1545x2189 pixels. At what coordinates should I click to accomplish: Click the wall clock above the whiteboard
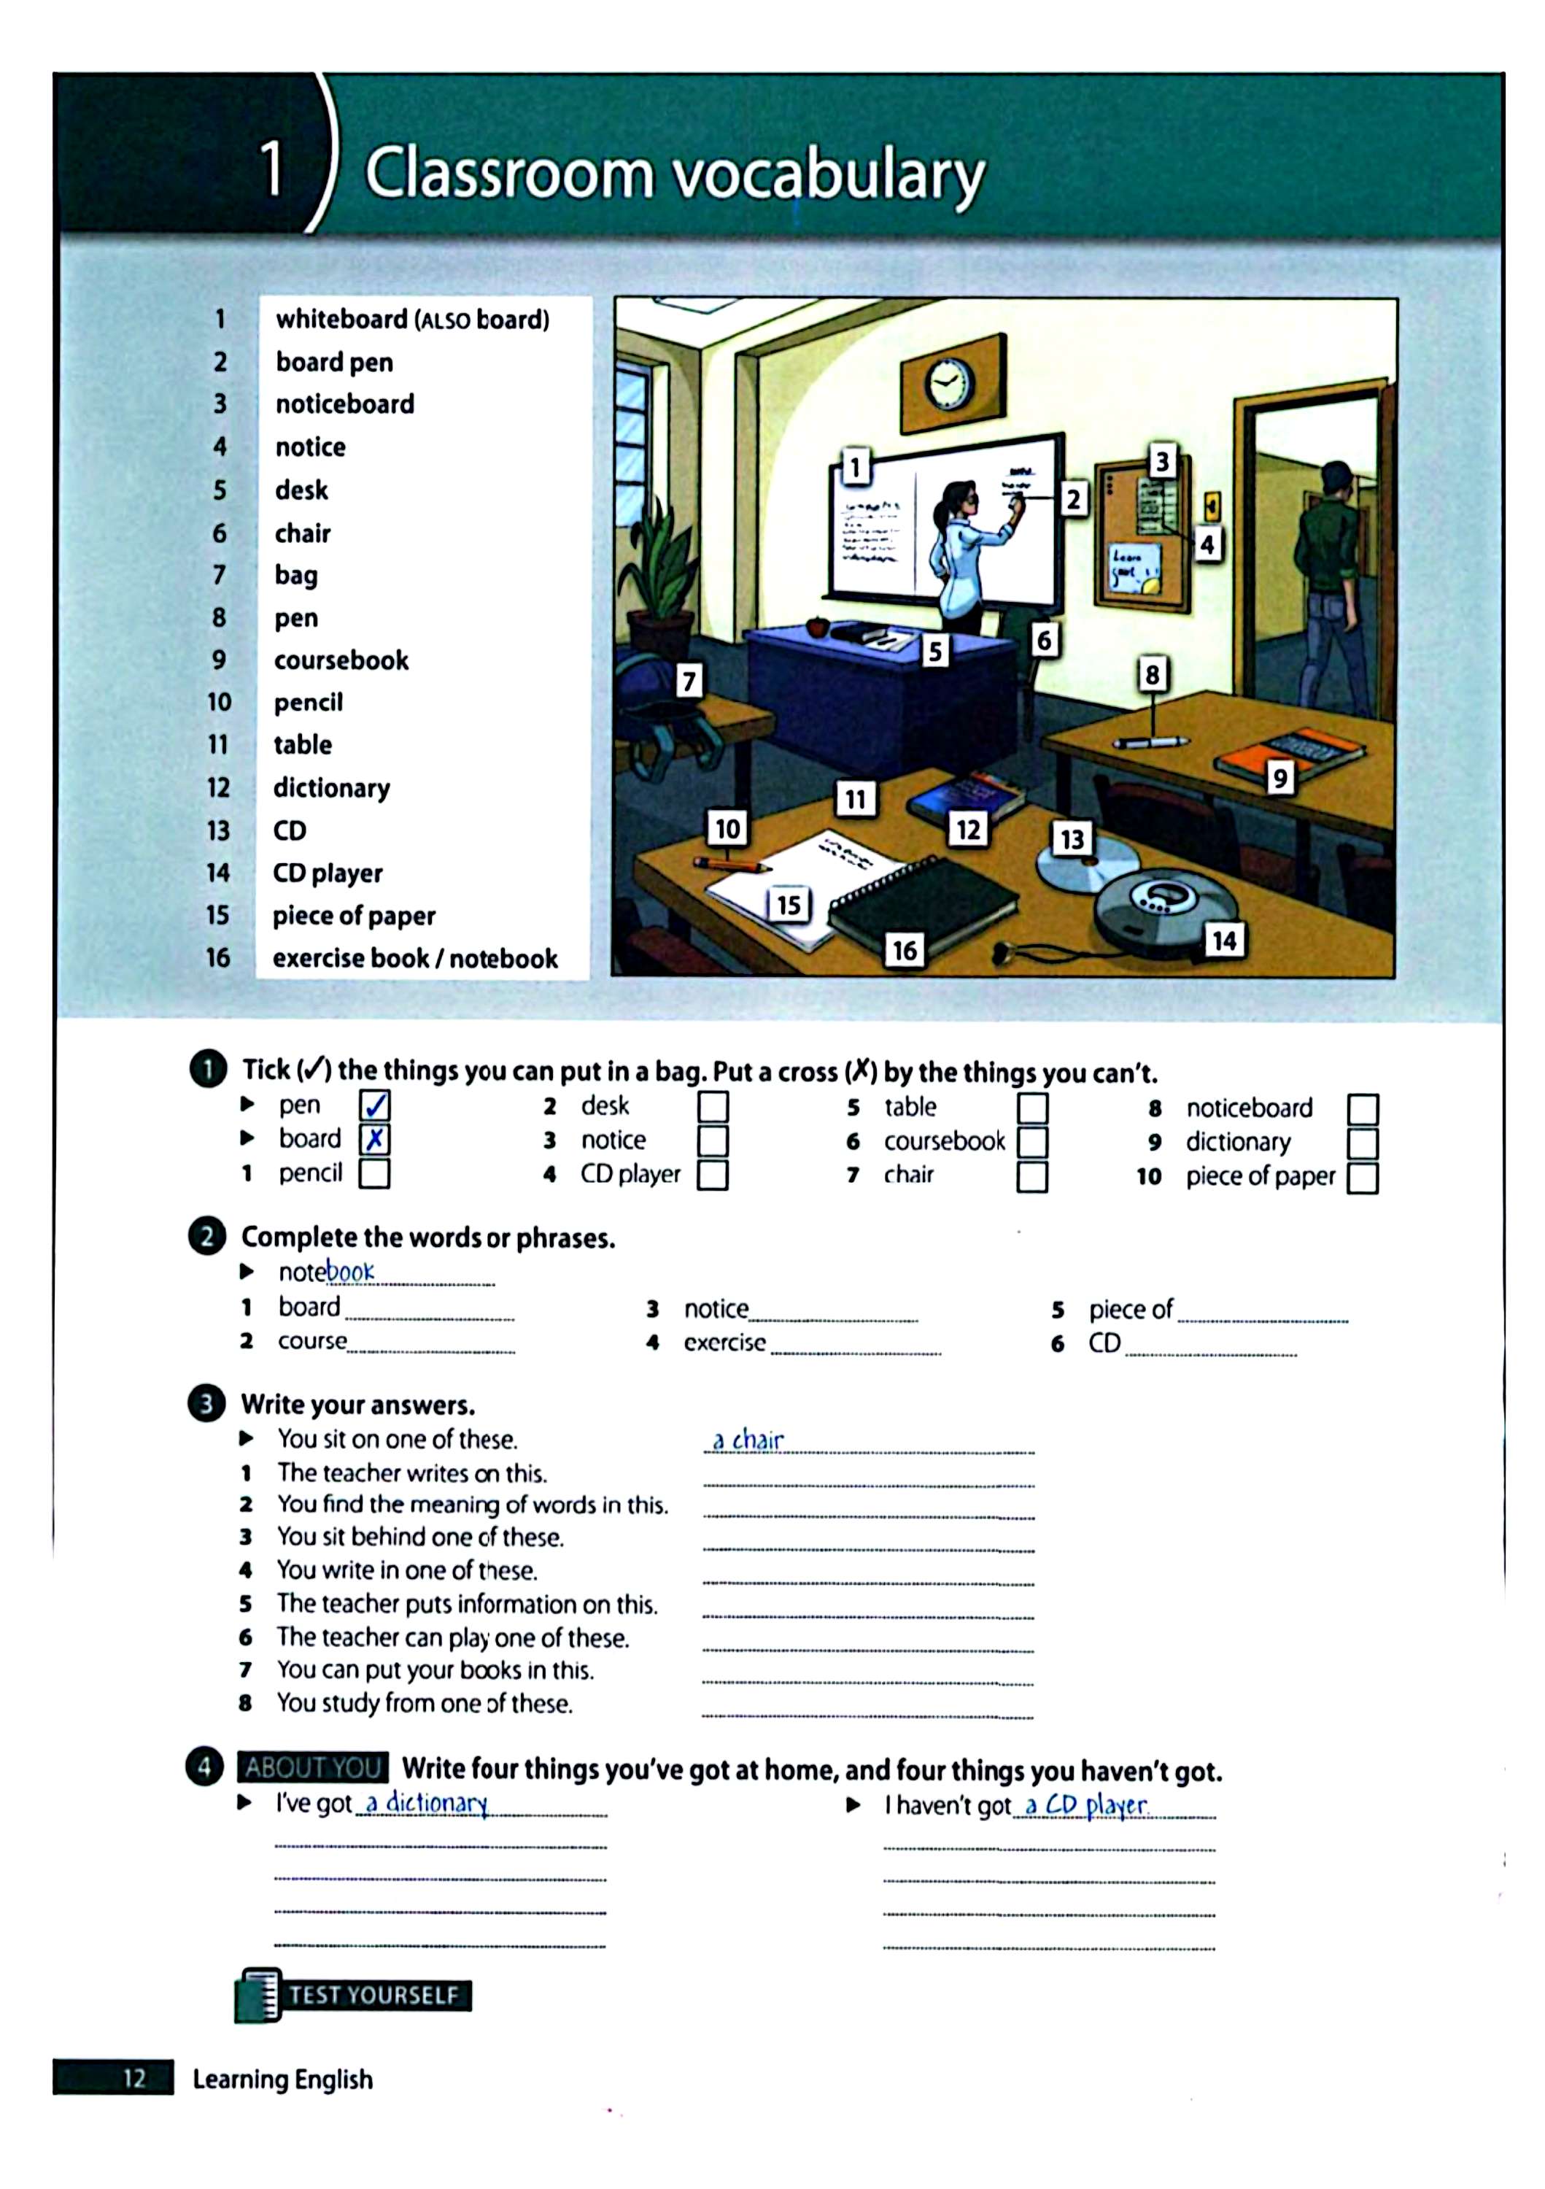[948, 385]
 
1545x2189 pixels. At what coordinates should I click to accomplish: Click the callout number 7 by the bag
[688, 681]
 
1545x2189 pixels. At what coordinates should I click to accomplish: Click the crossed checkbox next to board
[374, 1138]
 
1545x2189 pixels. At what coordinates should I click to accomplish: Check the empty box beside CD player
[712, 1175]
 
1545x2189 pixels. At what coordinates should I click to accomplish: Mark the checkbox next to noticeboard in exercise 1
[1362, 1109]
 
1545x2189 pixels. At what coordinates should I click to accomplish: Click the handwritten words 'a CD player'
[1087, 1804]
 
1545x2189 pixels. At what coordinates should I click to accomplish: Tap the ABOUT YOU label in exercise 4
[313, 1767]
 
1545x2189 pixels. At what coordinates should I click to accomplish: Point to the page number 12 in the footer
[134, 2078]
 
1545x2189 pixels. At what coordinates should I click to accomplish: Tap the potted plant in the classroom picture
[659, 577]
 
